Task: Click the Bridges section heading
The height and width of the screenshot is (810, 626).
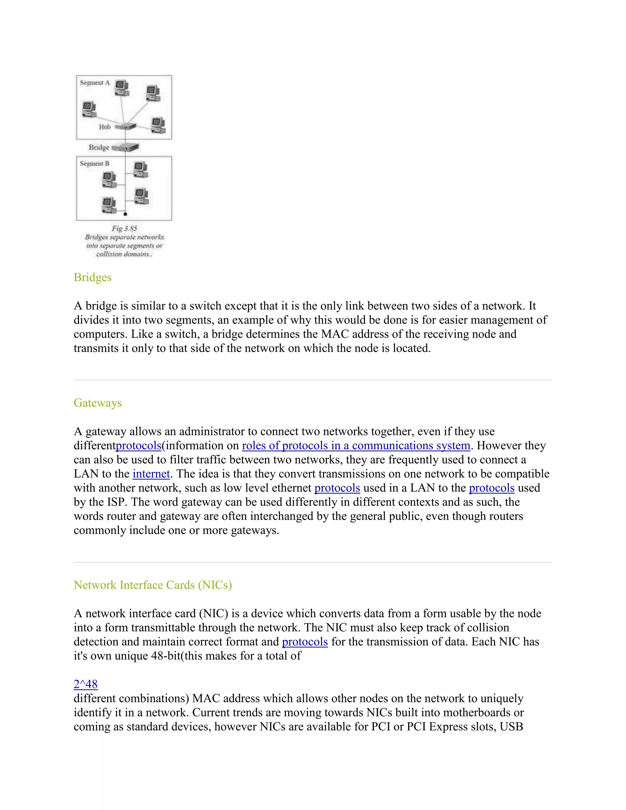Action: pyautogui.click(x=92, y=278)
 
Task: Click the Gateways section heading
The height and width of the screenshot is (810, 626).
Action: pyautogui.click(x=98, y=403)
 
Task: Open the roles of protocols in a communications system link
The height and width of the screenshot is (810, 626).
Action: pyautogui.click(x=356, y=445)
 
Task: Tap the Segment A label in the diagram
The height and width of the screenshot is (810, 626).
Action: pyautogui.click(x=94, y=83)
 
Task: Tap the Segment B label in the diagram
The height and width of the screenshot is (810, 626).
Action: pyautogui.click(x=94, y=164)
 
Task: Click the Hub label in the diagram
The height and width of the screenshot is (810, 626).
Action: pyautogui.click(x=105, y=127)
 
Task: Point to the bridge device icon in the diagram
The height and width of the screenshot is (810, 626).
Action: pyautogui.click(x=125, y=147)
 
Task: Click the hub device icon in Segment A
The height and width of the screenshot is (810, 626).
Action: pyautogui.click(x=125, y=127)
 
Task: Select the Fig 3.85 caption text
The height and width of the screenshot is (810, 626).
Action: pyautogui.click(x=124, y=228)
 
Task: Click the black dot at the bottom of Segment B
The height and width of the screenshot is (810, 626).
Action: pyautogui.click(x=125, y=214)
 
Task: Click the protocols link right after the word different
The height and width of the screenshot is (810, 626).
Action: pyautogui.click(x=138, y=445)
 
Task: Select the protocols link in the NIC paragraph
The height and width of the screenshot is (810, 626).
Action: pyautogui.click(x=304, y=642)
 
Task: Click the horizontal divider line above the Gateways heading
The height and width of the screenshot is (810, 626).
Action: pyautogui.click(x=313, y=380)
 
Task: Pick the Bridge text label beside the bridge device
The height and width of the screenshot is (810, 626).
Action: pyautogui.click(x=99, y=147)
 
